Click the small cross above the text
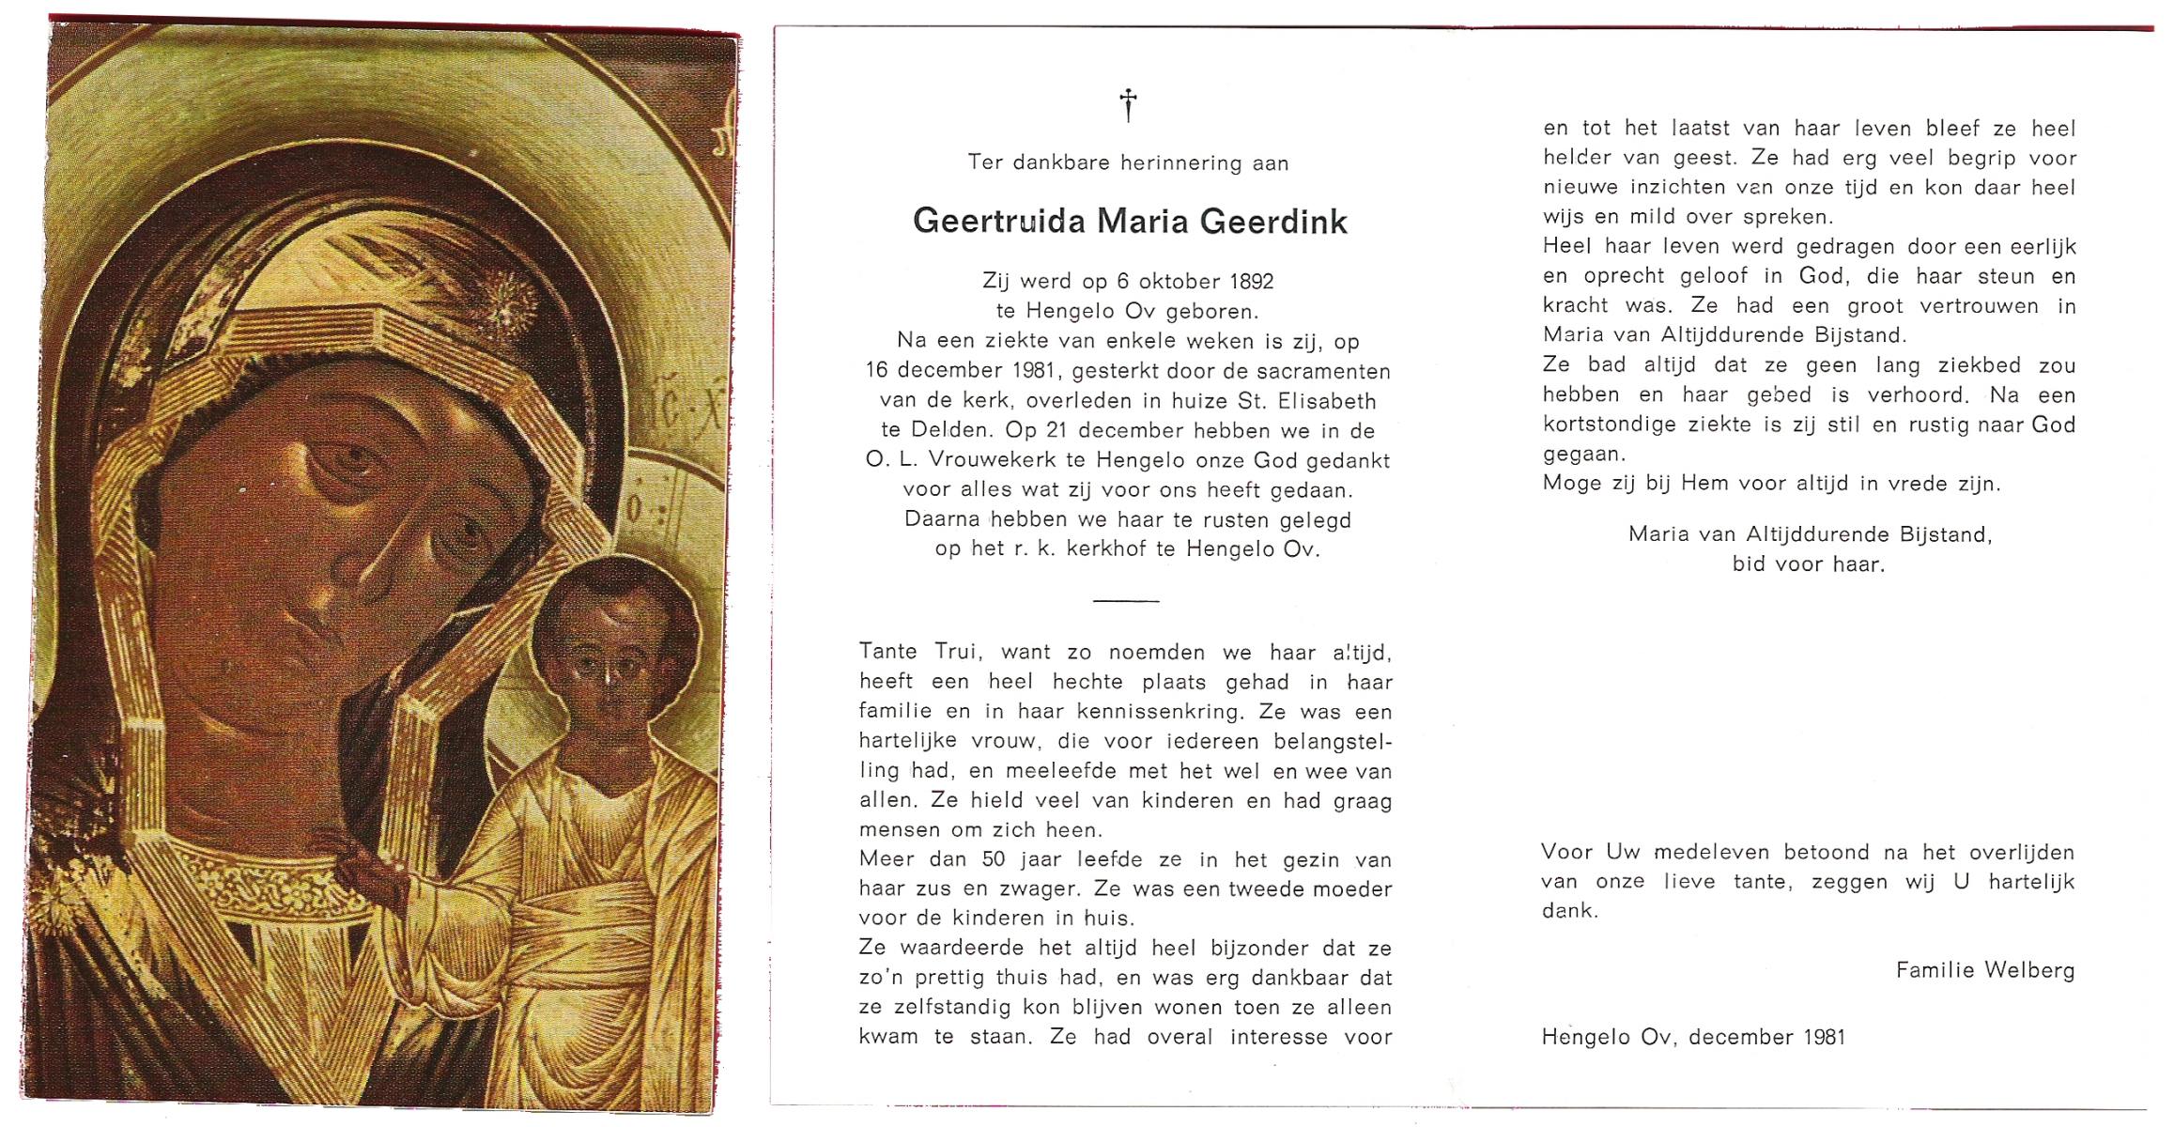tap(1128, 104)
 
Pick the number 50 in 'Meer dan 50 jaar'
tap(994, 859)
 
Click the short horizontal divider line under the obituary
tap(1127, 600)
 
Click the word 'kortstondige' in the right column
tap(1609, 425)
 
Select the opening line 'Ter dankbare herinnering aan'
tap(1128, 163)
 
